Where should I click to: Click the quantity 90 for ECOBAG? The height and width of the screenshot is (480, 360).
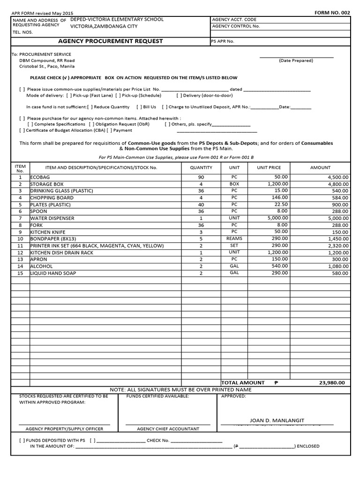click(201, 177)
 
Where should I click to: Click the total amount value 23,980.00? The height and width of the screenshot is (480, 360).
click(332, 382)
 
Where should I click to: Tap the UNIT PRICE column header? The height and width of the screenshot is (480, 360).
click(269, 167)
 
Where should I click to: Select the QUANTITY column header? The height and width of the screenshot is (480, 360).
click(201, 167)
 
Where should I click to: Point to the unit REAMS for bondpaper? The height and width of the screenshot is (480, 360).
click(234, 239)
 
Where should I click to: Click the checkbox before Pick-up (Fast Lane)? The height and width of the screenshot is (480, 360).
click(69, 95)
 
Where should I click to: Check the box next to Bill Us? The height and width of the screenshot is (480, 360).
click(139, 107)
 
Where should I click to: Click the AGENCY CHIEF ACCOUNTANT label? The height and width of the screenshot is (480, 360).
click(168, 428)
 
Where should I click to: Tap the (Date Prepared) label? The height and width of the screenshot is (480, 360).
click(296, 60)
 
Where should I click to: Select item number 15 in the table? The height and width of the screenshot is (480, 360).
click(20, 273)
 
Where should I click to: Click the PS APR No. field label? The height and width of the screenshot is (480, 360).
click(223, 41)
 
